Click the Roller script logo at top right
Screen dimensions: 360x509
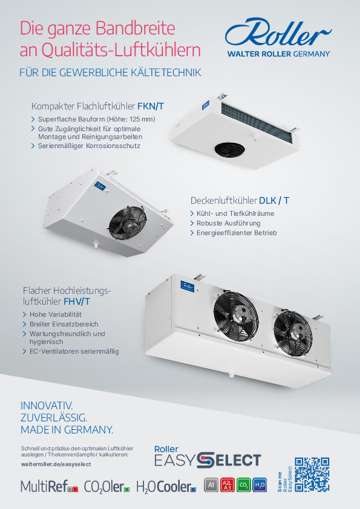[278, 33]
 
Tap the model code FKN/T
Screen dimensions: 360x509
[151, 106]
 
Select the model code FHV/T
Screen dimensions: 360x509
[77, 302]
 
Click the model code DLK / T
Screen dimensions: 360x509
[274, 201]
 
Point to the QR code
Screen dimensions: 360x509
[312, 475]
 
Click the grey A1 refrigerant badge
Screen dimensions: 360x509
[211, 485]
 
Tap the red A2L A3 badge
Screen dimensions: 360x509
[227, 485]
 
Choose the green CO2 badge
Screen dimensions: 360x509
[243, 485]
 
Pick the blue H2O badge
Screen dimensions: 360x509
[260, 485]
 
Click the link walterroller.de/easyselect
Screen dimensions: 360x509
[56, 464]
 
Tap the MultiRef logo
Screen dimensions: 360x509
[49, 486]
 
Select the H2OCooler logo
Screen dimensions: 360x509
[166, 486]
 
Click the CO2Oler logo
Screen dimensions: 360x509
[106, 486]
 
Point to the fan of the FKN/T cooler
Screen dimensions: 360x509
[230, 150]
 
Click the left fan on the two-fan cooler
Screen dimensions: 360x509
[236, 316]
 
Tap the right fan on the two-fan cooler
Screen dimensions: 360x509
[293, 330]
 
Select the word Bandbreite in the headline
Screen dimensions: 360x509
[136, 28]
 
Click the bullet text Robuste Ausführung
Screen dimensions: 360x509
[229, 223]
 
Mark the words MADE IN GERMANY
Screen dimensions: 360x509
[67, 430]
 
